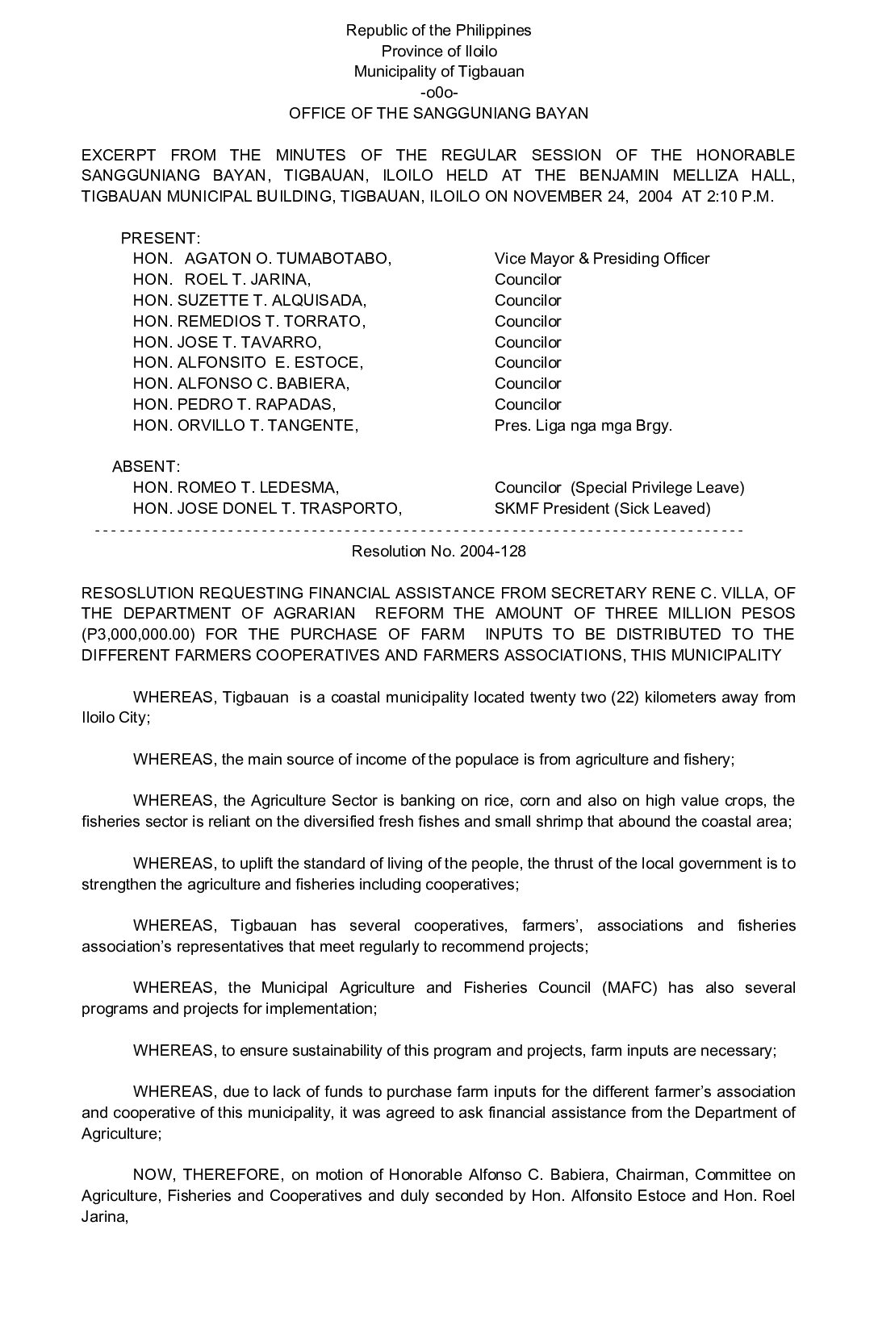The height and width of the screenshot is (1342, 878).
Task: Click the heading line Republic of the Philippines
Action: tap(438, 31)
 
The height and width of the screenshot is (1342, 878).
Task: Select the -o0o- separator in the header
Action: tap(438, 92)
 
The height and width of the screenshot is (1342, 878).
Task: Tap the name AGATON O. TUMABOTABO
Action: tap(287, 259)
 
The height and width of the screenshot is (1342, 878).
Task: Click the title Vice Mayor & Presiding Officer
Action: tap(601, 259)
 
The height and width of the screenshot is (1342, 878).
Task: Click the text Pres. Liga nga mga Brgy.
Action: tap(583, 426)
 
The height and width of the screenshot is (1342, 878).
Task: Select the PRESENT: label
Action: tap(160, 239)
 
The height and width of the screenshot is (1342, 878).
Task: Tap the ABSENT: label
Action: tap(146, 467)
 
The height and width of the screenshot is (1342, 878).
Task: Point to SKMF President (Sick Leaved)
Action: tap(602, 509)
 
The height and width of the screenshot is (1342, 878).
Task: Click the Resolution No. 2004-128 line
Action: tap(438, 551)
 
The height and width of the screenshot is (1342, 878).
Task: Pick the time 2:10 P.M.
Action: tap(740, 197)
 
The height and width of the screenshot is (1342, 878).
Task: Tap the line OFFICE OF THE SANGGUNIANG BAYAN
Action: tap(438, 114)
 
